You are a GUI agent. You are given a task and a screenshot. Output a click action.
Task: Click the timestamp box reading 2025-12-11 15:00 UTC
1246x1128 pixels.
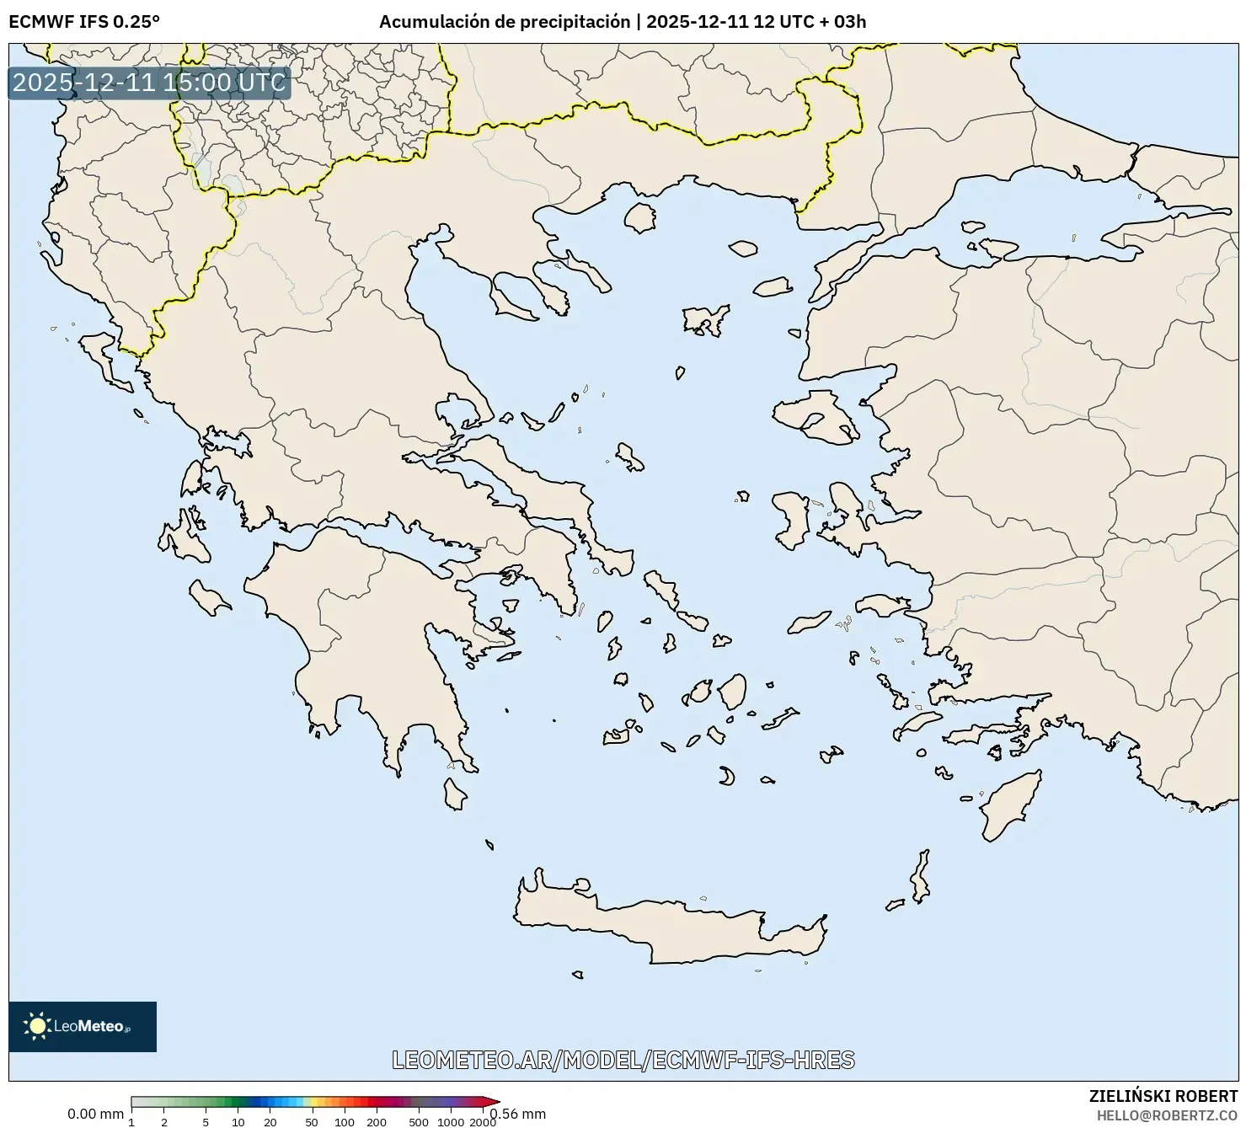pos(149,83)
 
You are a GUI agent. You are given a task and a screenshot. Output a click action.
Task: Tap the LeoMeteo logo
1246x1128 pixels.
pos(83,1026)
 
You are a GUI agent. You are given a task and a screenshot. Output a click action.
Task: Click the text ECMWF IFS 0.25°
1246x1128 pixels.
pos(84,21)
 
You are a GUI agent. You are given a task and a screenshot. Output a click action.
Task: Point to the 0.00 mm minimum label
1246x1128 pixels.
pos(95,1114)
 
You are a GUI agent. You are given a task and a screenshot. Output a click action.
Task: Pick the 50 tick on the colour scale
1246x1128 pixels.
pos(312,1121)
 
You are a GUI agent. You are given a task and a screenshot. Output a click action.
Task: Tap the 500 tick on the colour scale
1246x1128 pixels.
pos(418,1121)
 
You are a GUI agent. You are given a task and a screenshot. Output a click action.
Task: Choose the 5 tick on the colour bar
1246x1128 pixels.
pos(206,1121)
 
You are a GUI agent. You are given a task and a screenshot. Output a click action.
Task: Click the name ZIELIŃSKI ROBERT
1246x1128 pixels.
pos(1163,1096)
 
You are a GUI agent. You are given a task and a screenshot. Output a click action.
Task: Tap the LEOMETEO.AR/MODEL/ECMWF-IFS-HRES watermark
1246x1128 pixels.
pos(623,1060)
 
